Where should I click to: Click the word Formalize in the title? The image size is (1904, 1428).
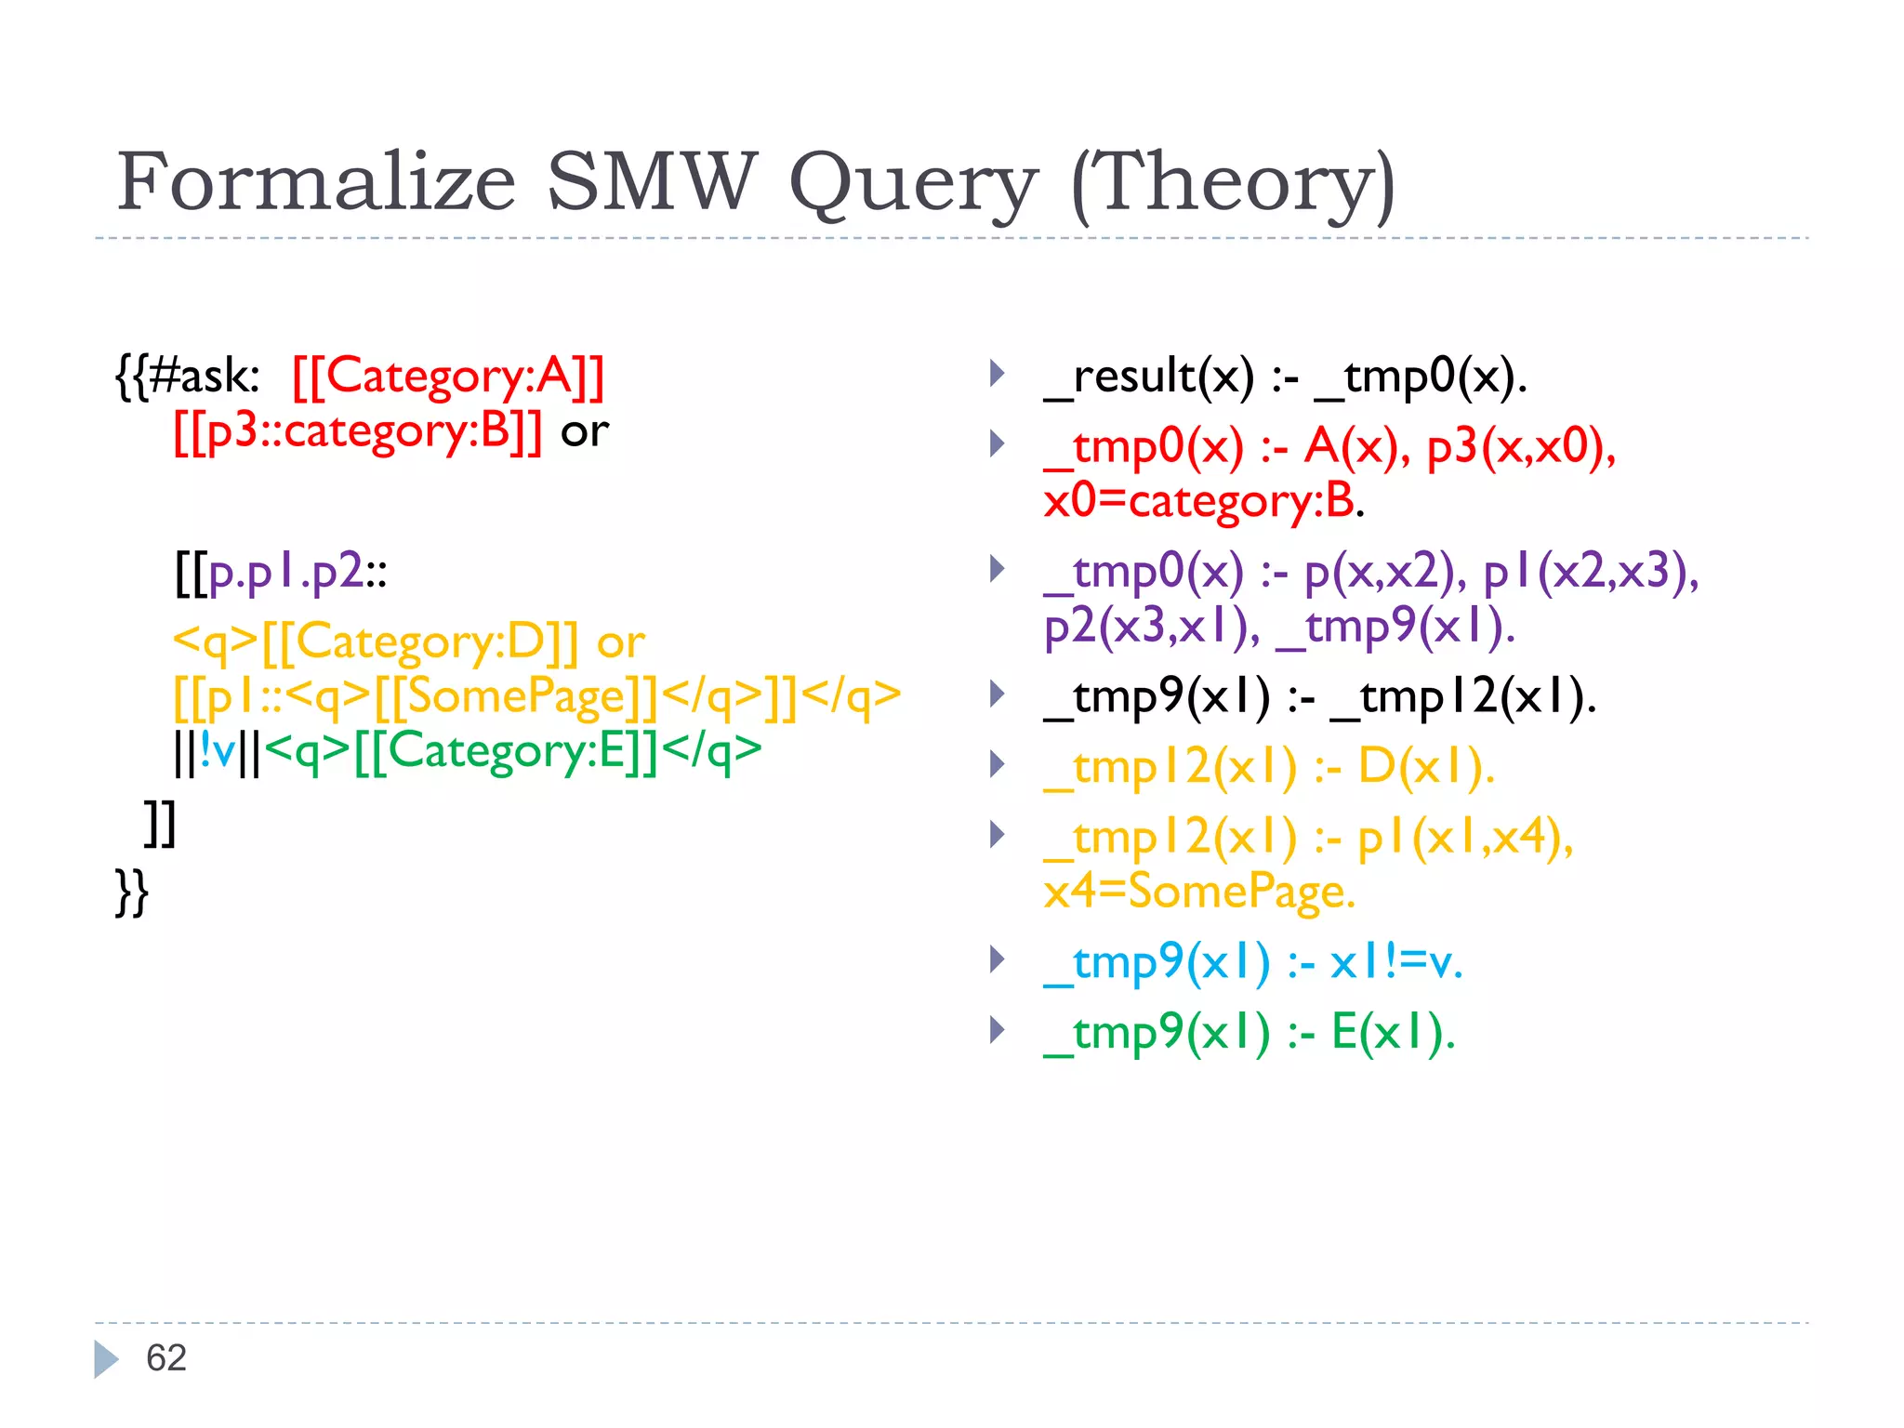click(x=316, y=182)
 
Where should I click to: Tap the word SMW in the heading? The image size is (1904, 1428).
click(x=651, y=182)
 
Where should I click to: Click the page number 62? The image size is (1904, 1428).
click(x=166, y=1358)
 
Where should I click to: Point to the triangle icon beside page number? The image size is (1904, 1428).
click(x=106, y=1359)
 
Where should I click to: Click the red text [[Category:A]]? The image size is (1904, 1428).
click(x=448, y=377)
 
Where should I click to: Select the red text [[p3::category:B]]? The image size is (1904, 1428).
click(x=358, y=431)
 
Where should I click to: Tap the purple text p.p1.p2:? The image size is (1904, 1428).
click(x=297, y=572)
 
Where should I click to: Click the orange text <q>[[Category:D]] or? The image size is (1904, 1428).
click(x=409, y=642)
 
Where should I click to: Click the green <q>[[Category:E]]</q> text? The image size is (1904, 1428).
click(x=512, y=751)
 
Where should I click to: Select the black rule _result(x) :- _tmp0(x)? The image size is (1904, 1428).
click(x=1285, y=377)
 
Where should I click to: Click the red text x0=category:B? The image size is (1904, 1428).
click(x=1202, y=501)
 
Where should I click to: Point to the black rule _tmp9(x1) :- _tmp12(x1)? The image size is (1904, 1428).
click(x=1319, y=696)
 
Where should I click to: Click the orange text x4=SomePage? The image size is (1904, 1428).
click(x=1199, y=892)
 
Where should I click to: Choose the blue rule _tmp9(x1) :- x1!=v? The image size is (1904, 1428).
click(x=1252, y=962)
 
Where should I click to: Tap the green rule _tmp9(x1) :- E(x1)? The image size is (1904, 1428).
click(x=1249, y=1032)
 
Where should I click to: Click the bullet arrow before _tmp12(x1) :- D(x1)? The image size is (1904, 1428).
click(x=998, y=765)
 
